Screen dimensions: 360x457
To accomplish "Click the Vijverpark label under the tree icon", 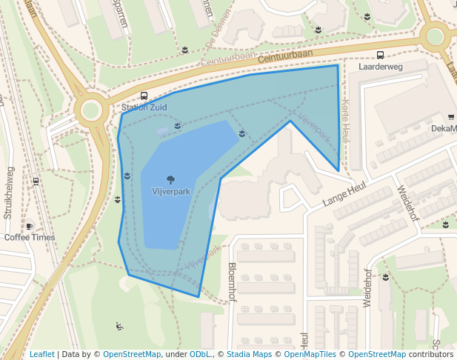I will [x=171, y=191].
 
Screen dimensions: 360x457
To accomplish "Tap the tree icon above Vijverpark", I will [x=171, y=179].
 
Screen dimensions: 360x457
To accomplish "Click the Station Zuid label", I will [x=144, y=107].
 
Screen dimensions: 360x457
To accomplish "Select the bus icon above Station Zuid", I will [x=144, y=96].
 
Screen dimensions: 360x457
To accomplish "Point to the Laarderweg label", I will [x=380, y=67].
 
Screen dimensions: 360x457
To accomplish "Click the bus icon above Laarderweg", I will [x=380, y=55].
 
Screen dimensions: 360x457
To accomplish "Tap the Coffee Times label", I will [x=30, y=237].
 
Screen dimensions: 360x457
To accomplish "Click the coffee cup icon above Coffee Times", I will [x=30, y=226].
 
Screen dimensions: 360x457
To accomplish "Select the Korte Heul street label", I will [x=345, y=121].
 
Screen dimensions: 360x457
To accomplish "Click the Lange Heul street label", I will [x=344, y=196].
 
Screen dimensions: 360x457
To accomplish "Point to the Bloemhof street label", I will [x=232, y=282].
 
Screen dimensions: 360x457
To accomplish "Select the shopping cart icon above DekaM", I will [x=451, y=117].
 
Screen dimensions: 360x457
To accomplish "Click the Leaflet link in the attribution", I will [x=41, y=354].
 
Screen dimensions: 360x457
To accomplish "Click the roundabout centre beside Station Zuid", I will [x=90, y=110].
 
